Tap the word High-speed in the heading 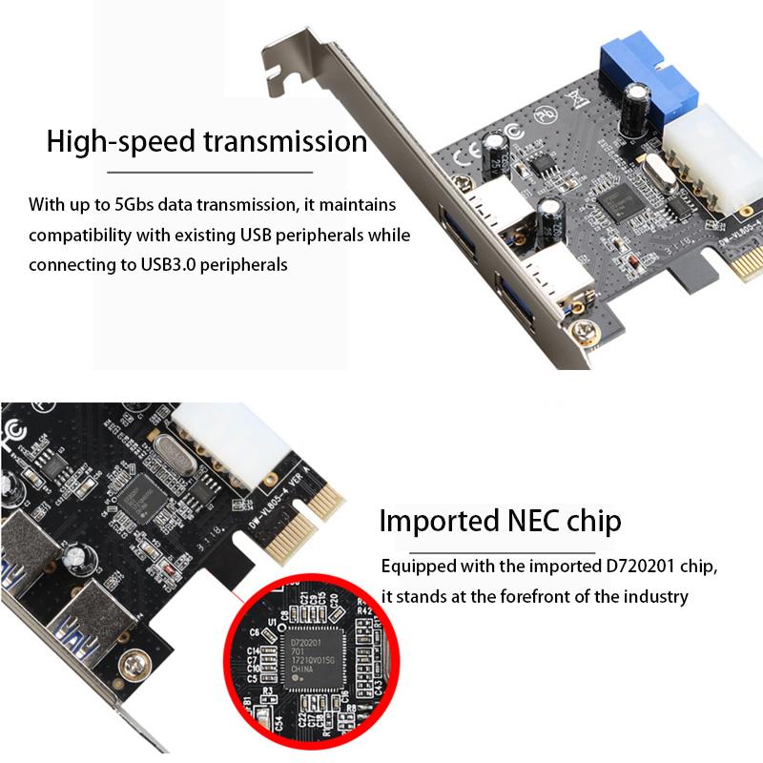(118, 142)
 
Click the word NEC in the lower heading (535, 522)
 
